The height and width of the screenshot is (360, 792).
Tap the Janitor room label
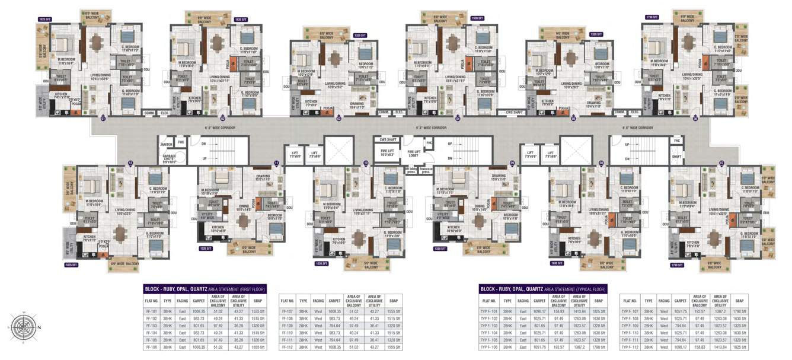click(167, 144)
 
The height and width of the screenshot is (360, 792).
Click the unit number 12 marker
click(130, 162)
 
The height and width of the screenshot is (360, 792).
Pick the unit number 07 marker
click(721, 162)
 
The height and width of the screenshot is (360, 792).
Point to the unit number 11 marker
click(276, 162)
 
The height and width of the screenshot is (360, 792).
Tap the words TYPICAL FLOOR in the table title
click(589, 289)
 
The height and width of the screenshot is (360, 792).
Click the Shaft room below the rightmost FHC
click(678, 157)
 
